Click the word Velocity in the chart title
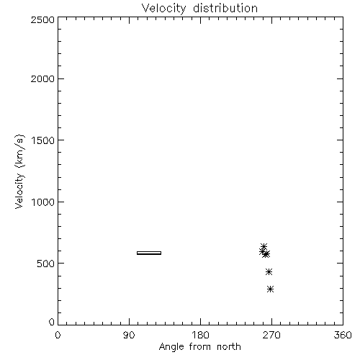pos(164,9)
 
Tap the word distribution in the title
pos(225,8)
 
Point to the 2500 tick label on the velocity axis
pos(42,19)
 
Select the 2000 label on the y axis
pos(42,78)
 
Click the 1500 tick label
pos(43,140)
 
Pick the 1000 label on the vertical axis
pos(43,202)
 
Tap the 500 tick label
pos(46,264)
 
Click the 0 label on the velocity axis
pos(52,322)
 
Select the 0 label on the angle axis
pos(58,335)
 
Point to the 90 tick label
pos(129,335)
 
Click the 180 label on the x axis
pos(200,335)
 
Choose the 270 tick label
pos(271,335)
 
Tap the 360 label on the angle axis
pos(343,335)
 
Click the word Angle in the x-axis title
pos(171,347)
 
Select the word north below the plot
pos(229,346)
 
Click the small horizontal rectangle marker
pos(149,253)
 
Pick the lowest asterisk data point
pos(271,289)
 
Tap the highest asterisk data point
pos(264,246)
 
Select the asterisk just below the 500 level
pos(269,271)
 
